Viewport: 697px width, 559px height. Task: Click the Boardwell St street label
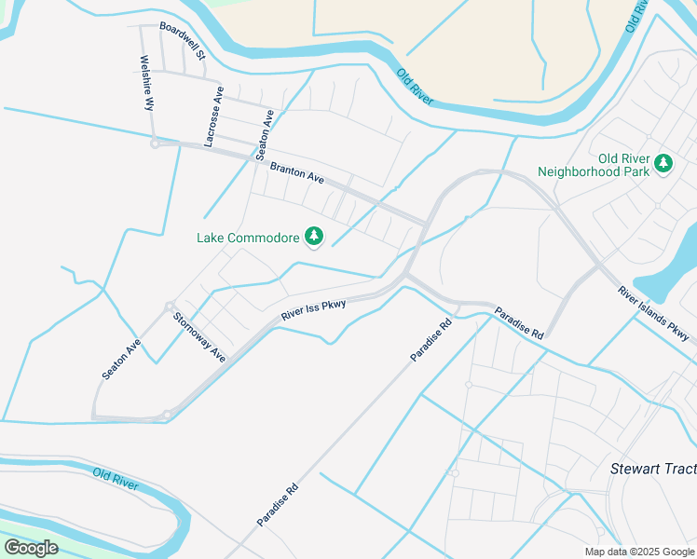pyautogui.click(x=182, y=42)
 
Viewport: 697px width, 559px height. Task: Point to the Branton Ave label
pyautogui.click(x=296, y=172)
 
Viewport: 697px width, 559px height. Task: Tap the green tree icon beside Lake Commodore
pyautogui.click(x=315, y=237)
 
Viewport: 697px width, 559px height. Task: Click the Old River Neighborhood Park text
pyautogui.click(x=598, y=165)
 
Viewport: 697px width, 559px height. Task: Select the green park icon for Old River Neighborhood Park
pyautogui.click(x=663, y=164)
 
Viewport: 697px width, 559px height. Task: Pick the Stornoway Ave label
pyautogui.click(x=199, y=336)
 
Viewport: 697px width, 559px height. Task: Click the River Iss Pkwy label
pyautogui.click(x=313, y=311)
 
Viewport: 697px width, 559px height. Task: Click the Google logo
pyautogui.click(x=31, y=547)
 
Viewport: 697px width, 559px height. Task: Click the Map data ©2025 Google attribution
pyautogui.click(x=638, y=552)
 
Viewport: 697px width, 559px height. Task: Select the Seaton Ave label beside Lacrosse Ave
pyautogui.click(x=266, y=136)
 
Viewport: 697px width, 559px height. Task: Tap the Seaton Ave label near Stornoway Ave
pyautogui.click(x=121, y=358)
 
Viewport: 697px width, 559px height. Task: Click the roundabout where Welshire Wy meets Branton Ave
pyautogui.click(x=155, y=143)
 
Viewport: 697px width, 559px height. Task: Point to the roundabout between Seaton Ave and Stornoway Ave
pyautogui.click(x=170, y=306)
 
